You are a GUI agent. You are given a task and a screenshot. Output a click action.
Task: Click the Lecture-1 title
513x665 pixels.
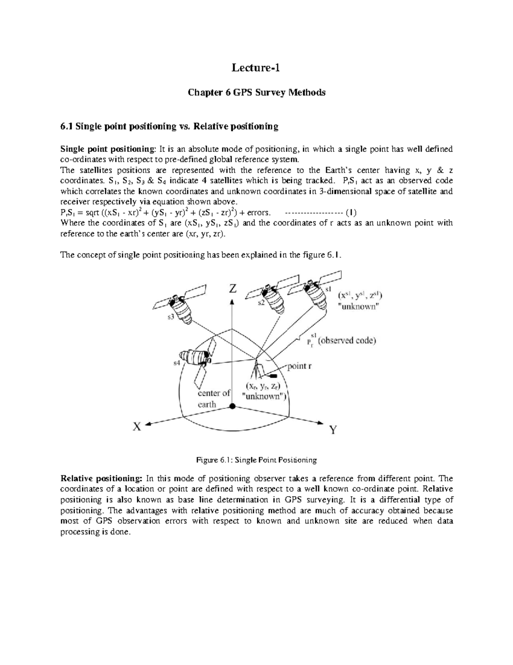coord(256,68)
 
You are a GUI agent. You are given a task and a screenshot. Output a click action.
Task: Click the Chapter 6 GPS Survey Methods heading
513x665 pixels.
coord(256,92)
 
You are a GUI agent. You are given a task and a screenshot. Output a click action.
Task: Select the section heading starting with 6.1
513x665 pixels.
coord(169,126)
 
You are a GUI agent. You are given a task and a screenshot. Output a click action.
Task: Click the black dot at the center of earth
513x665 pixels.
coord(232,406)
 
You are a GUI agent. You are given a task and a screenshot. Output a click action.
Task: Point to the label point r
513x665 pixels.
coord(303,366)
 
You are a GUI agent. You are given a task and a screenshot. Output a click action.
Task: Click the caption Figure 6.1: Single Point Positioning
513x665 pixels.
coord(256,460)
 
